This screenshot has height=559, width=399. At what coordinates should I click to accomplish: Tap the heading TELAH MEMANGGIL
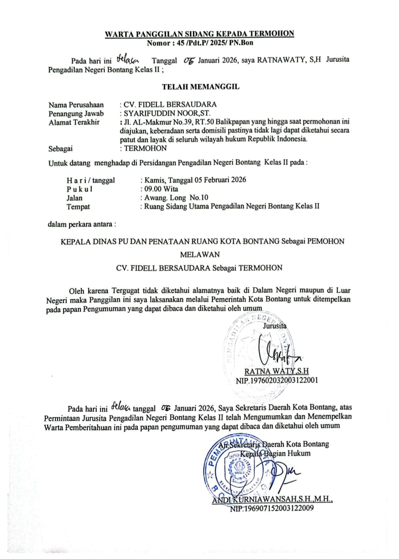201,87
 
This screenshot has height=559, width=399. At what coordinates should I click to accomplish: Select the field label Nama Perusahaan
76,105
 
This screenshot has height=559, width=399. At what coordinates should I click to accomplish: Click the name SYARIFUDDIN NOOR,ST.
167,114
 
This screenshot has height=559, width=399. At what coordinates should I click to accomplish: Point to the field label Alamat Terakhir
74,122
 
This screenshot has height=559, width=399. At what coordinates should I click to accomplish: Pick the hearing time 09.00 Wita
161,189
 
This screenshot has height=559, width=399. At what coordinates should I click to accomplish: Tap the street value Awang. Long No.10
176,197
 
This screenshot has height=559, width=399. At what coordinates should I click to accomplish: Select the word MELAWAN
200,254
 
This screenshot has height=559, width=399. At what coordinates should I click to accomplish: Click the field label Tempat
78,207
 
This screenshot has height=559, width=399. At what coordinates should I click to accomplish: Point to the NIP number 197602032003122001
277,380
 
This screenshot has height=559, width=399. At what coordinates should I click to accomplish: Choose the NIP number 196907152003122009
272,508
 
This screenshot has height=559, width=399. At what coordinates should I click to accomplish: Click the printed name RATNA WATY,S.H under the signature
276,371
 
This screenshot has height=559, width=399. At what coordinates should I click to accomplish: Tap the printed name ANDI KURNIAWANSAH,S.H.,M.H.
273,499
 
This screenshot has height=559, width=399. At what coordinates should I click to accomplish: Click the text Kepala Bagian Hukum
275,453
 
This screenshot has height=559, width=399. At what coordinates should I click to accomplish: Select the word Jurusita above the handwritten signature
274,326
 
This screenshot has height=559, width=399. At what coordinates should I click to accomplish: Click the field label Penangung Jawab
76,114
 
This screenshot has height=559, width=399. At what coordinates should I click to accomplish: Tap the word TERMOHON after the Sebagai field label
145,148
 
